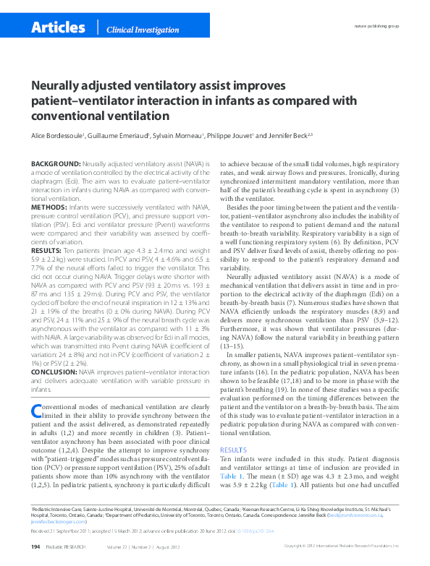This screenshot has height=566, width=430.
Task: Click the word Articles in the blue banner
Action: [x=58, y=27]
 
